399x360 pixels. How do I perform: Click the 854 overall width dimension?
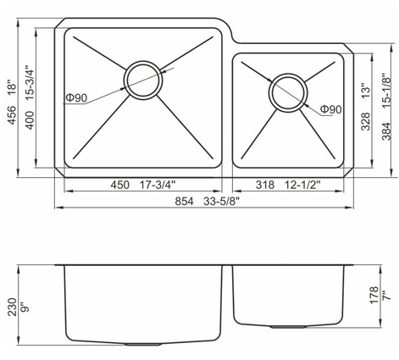click(184, 202)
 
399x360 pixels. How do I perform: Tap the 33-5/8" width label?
click(221, 202)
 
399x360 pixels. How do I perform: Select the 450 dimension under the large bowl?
click(119, 185)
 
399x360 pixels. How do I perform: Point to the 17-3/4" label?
click(158, 185)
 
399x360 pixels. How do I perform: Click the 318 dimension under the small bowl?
click(265, 185)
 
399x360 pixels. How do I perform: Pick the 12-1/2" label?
click(302, 185)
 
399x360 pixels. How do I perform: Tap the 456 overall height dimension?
click(12, 115)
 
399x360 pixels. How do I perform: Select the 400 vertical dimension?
click(30, 120)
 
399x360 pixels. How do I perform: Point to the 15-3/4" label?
click(30, 83)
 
